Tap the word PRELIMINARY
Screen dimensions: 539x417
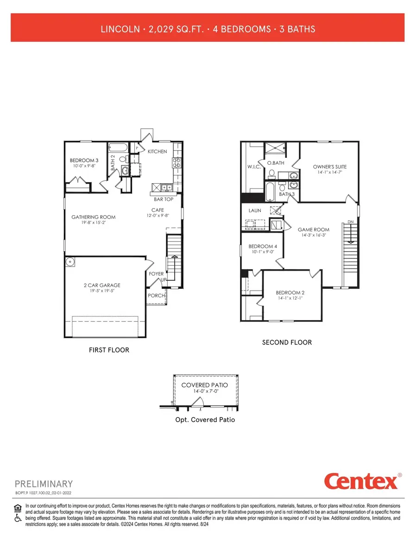pyautogui.click(x=44, y=484)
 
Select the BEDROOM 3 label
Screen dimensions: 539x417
pyautogui.click(x=84, y=161)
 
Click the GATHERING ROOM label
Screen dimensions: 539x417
pyautogui.click(x=93, y=217)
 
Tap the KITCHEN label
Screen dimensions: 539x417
pyautogui.click(x=157, y=152)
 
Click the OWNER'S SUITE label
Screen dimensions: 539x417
pyautogui.click(x=329, y=167)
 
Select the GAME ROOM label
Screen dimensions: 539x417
pyautogui.click(x=313, y=229)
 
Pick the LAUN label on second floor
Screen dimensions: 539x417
pyautogui.click(x=255, y=211)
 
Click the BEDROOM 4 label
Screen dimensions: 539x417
pyautogui.click(x=263, y=247)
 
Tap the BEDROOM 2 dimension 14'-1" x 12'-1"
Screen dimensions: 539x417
pyautogui.click(x=290, y=298)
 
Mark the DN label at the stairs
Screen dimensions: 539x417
pyautogui.click(x=350, y=222)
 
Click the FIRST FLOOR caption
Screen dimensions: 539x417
pyautogui.click(x=109, y=350)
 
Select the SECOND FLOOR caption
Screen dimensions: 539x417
pyautogui.click(x=287, y=342)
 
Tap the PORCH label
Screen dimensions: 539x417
pyautogui.click(x=156, y=296)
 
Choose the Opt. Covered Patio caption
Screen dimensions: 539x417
pyautogui.click(x=204, y=420)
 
